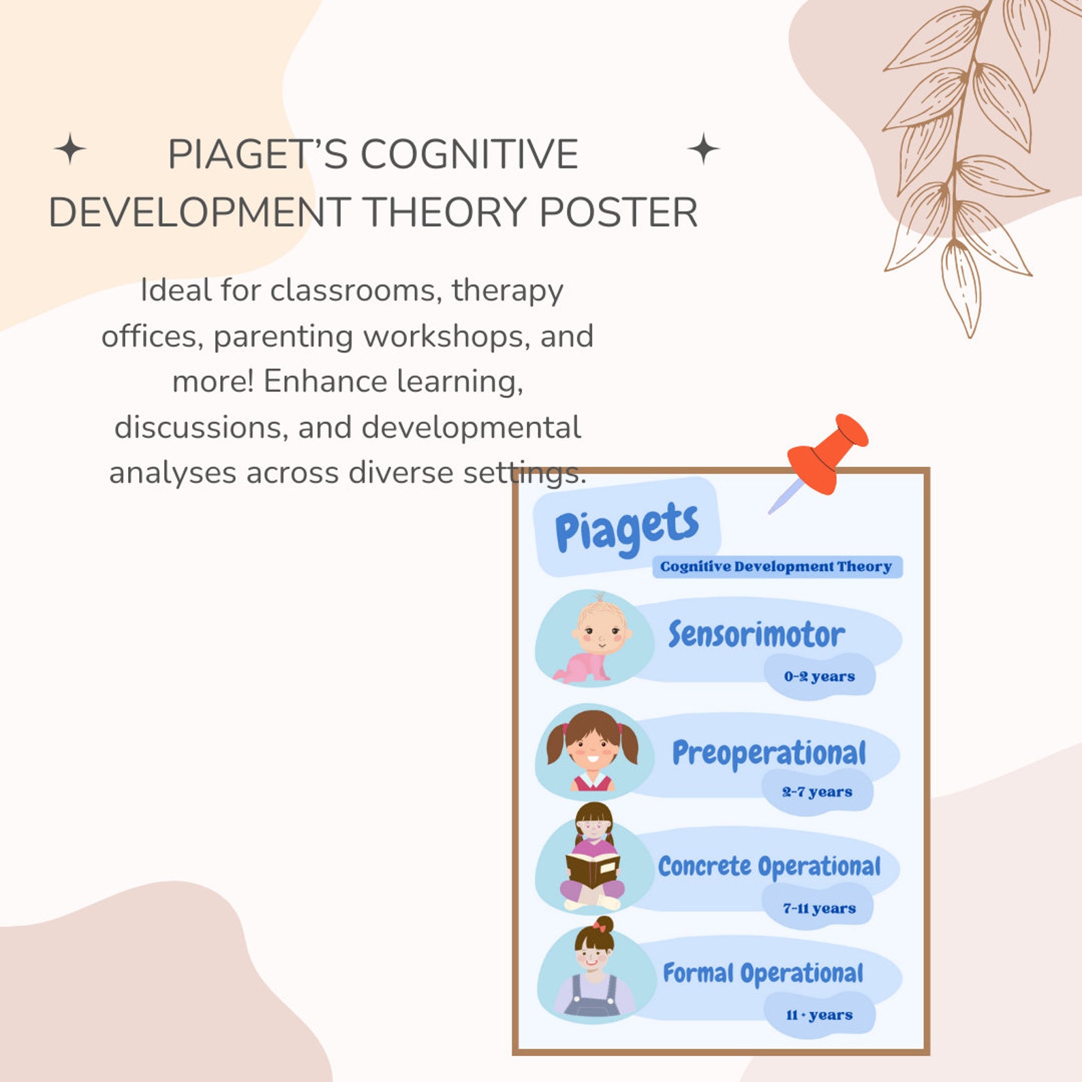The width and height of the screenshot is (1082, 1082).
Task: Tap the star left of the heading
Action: click(x=69, y=149)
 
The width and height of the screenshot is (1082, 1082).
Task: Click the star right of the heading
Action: click(x=703, y=149)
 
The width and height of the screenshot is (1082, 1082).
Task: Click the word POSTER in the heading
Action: click(x=619, y=212)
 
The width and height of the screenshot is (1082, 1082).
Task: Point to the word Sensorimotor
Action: click(x=756, y=634)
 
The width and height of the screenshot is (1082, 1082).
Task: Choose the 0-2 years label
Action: click(x=819, y=677)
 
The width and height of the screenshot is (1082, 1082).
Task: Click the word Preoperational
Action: click(x=769, y=753)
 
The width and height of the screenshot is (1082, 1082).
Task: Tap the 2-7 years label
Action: click(x=817, y=792)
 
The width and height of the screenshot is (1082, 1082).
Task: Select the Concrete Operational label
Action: click(x=769, y=866)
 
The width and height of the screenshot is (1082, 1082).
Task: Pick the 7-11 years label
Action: click(x=819, y=908)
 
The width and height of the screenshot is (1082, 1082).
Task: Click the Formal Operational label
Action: click(x=763, y=973)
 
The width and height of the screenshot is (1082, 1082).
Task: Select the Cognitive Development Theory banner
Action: click(x=777, y=567)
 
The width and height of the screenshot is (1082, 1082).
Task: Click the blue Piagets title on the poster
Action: click(x=627, y=527)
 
